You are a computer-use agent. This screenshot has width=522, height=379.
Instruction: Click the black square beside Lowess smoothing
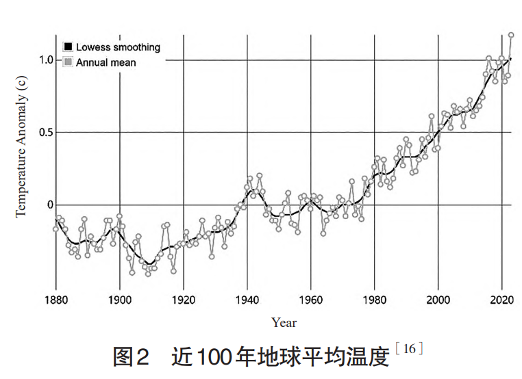pyautogui.click(x=68, y=47)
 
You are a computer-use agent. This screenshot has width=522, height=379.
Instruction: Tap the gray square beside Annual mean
pyautogui.click(x=68, y=62)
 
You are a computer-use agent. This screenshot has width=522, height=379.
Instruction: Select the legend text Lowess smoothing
pyautogui.click(x=118, y=47)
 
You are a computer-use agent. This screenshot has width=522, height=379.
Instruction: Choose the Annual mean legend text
pyautogui.click(x=106, y=62)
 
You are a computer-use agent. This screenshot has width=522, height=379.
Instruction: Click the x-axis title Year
pyautogui.click(x=284, y=322)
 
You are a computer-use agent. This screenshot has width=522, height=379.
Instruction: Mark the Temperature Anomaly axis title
pyautogui.click(x=21, y=145)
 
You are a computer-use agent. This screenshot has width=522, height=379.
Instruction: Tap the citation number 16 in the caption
pyautogui.click(x=409, y=349)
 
